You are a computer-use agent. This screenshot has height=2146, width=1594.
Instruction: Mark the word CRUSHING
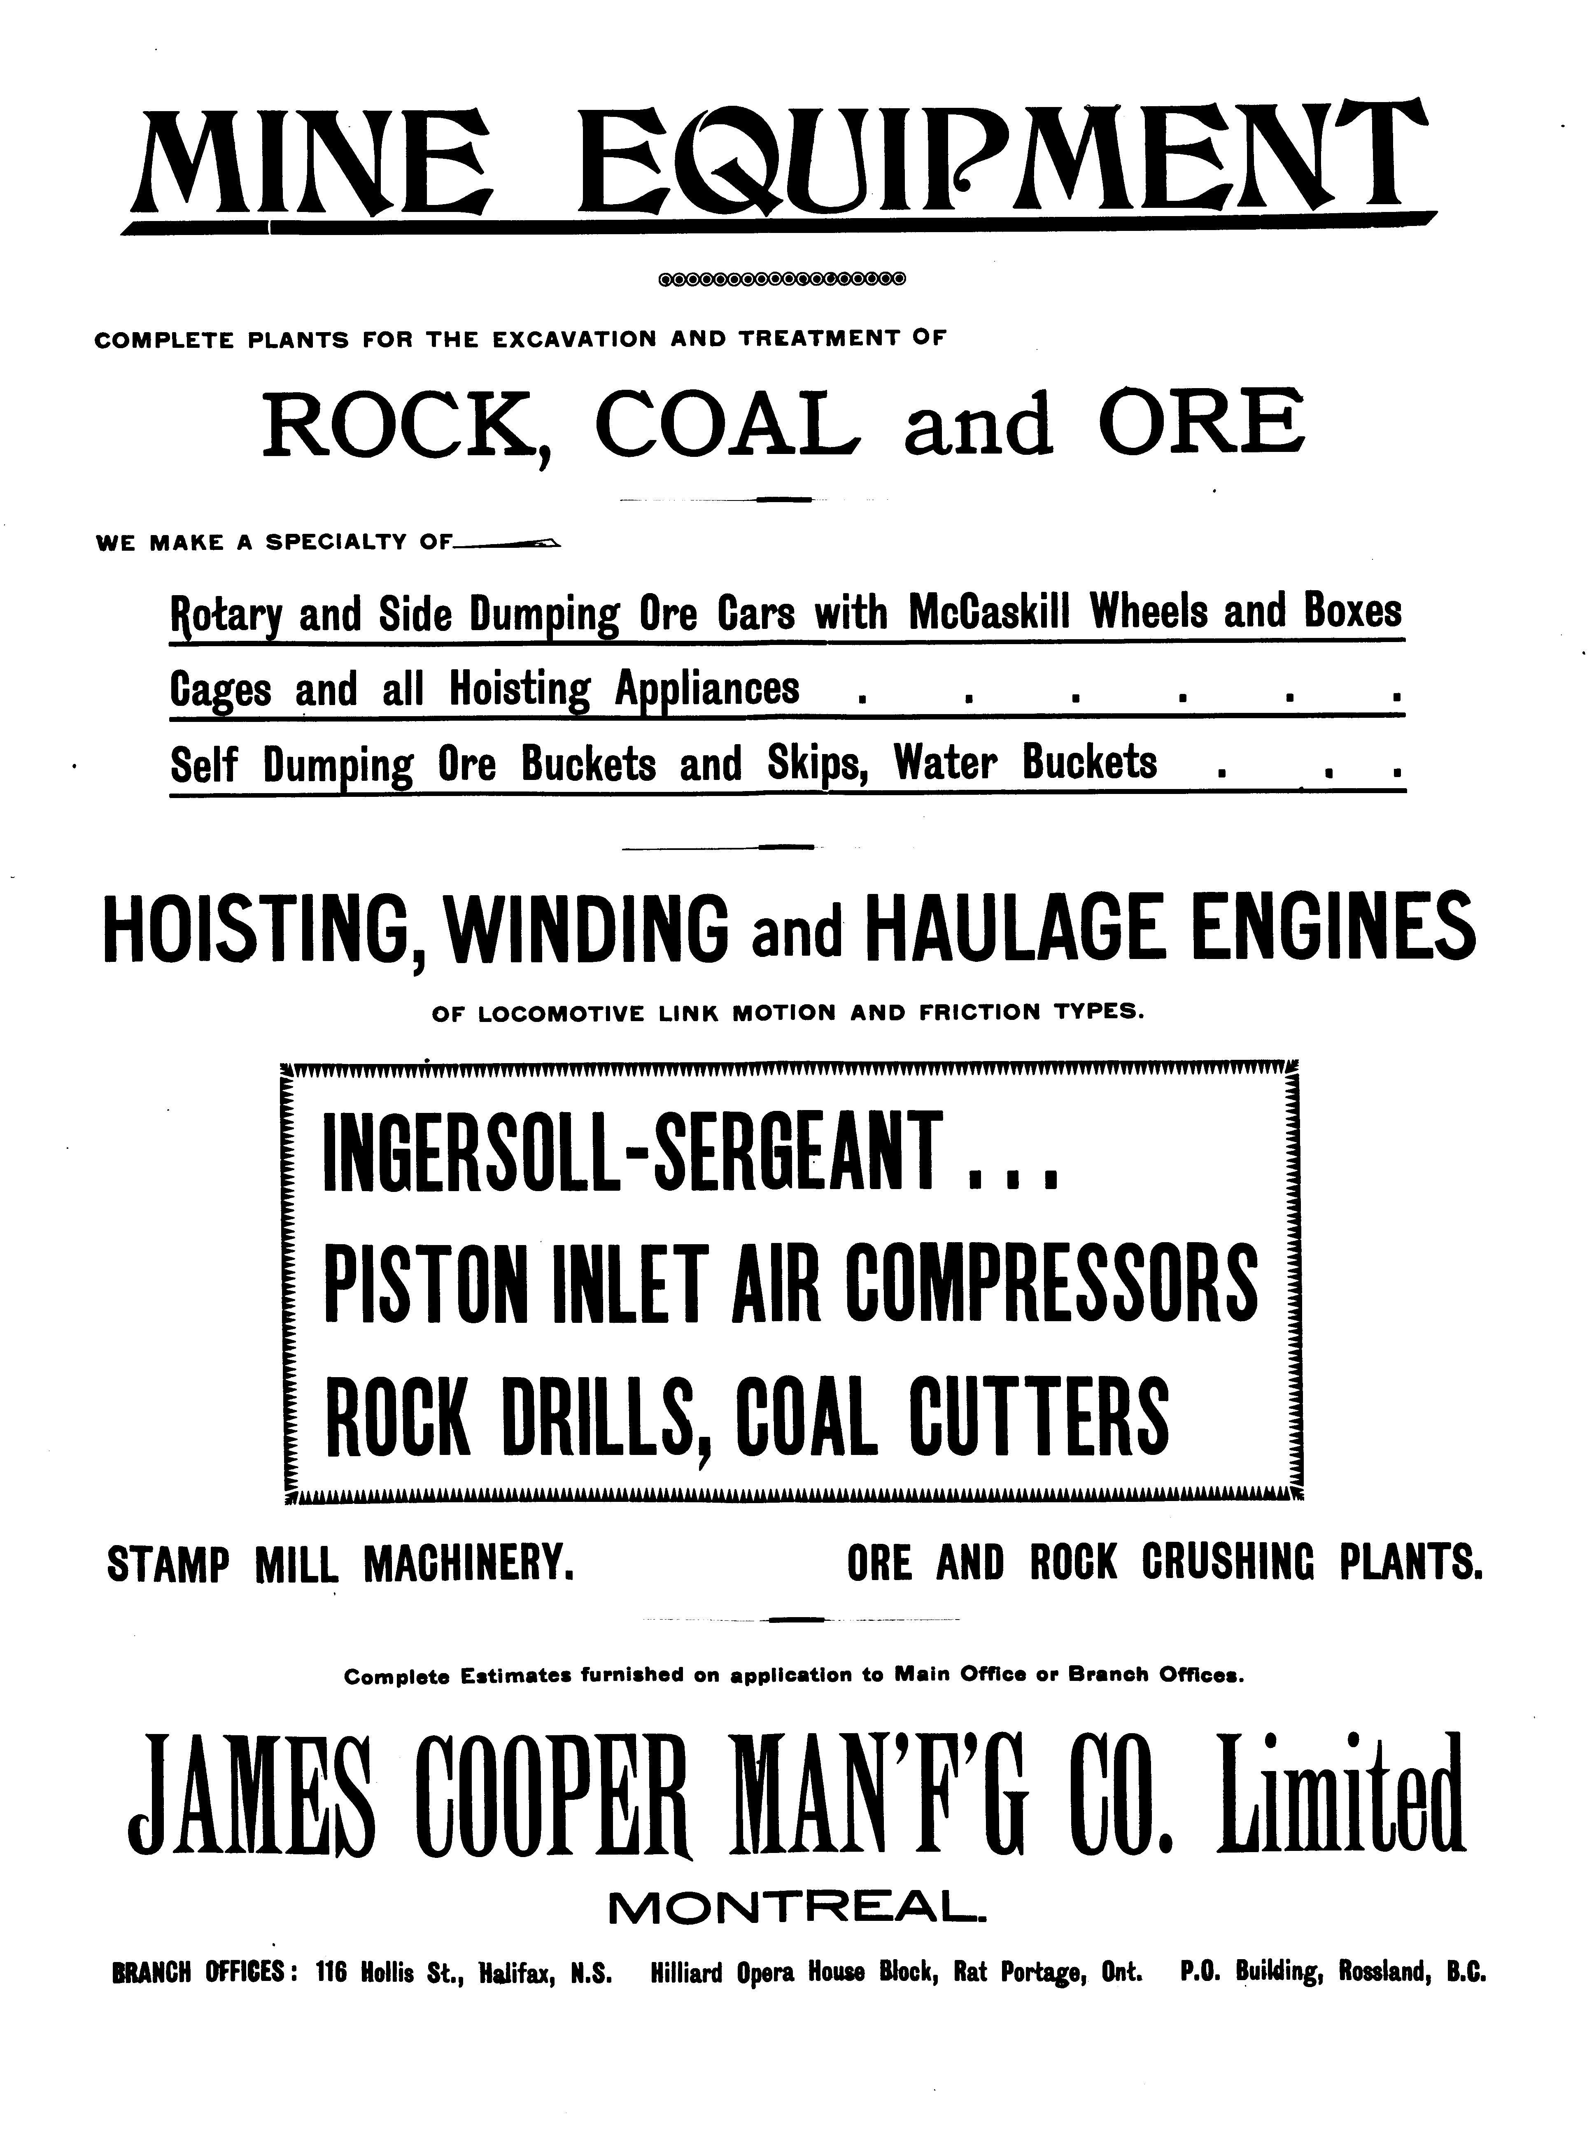[1228, 1564]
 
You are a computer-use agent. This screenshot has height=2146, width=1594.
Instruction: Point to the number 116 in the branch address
[331, 1974]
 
